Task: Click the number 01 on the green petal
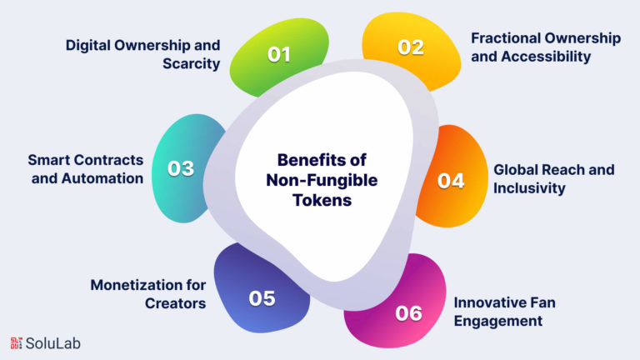click(x=279, y=54)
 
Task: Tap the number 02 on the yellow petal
click(x=411, y=47)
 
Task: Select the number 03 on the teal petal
click(x=180, y=168)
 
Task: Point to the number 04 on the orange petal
click(x=451, y=181)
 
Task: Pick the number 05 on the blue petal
click(x=262, y=298)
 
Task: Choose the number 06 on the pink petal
click(x=408, y=313)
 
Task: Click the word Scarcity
click(x=192, y=64)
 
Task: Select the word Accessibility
click(x=547, y=57)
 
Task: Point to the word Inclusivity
click(x=529, y=188)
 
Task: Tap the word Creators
click(x=176, y=303)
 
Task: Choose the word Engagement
click(x=498, y=321)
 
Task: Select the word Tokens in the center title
click(x=322, y=200)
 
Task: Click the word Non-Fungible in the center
click(x=322, y=180)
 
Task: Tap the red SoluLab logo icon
click(x=17, y=343)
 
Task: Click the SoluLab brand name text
click(x=53, y=343)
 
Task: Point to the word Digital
click(x=87, y=45)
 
